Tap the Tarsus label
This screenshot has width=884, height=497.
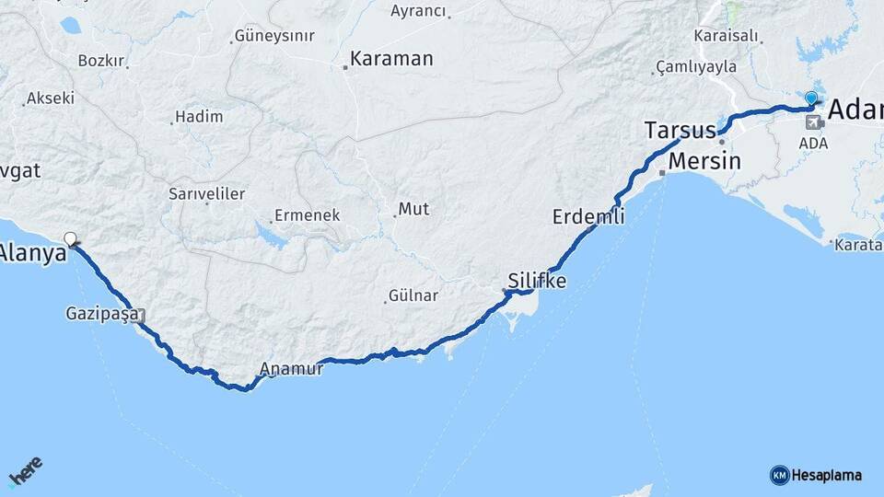pos(680,131)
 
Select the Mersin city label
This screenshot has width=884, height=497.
pos(704,161)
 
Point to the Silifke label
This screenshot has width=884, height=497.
pos(537,280)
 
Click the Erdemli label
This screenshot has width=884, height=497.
pos(588,217)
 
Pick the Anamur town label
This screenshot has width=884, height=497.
pos(291,369)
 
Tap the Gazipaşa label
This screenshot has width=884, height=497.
pos(102,314)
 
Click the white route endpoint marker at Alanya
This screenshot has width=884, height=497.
pos(71,239)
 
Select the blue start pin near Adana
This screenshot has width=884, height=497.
pos(810,98)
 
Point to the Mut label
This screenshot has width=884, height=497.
pos(414,210)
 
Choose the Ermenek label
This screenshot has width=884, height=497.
pos(308,215)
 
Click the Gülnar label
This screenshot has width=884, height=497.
pos(413,295)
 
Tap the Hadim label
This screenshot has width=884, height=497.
pos(199,117)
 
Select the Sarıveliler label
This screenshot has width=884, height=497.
pos(206,194)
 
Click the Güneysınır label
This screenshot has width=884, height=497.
pos(274,36)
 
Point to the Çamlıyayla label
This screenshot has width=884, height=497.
pos(697,66)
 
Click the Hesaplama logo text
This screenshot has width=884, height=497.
pos(827,475)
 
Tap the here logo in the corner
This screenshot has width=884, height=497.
pos(25,471)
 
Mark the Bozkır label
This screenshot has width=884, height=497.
pos(100,61)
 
